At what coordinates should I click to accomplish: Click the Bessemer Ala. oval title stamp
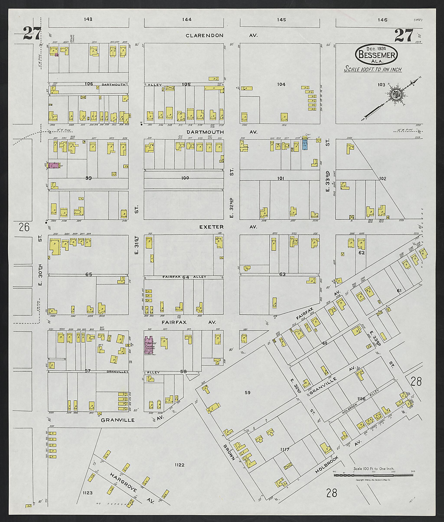377,55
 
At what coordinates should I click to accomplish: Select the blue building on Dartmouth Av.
305,145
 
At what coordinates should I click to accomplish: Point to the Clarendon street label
204,36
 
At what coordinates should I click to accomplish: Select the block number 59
247,392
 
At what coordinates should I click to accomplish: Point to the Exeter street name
211,227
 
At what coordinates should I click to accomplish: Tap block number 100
185,178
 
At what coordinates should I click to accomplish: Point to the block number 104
281,84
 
